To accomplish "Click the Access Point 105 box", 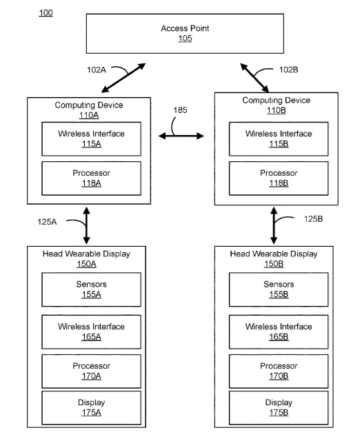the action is pyautogui.click(x=185, y=34).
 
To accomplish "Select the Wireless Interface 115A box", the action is pyautogui.click(x=91, y=139).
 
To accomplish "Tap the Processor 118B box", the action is pyautogui.click(x=279, y=178).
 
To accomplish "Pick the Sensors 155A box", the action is pyautogui.click(x=91, y=289).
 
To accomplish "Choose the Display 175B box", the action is pyautogui.click(x=279, y=407).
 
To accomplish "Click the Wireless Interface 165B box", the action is pyautogui.click(x=279, y=332).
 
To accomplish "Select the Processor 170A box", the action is pyautogui.click(x=91, y=371).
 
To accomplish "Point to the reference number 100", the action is pyautogui.click(x=46, y=12).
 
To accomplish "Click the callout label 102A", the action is pyautogui.click(x=97, y=70).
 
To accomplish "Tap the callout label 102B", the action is pyautogui.click(x=288, y=70).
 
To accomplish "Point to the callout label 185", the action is pyautogui.click(x=180, y=110).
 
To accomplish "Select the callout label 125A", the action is pyautogui.click(x=47, y=222).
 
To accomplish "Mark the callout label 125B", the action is pyautogui.click(x=313, y=219).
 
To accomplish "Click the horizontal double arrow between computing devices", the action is pyautogui.click(x=181, y=136).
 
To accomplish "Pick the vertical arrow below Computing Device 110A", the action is pyautogui.click(x=86, y=225).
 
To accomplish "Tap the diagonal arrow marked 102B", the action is pyautogui.click(x=254, y=78).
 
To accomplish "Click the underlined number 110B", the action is pyautogui.click(x=276, y=110).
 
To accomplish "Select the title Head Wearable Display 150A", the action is pyautogui.click(x=86, y=259).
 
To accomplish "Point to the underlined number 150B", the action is pyautogui.click(x=274, y=264).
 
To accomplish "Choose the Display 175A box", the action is pyautogui.click(x=91, y=407).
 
